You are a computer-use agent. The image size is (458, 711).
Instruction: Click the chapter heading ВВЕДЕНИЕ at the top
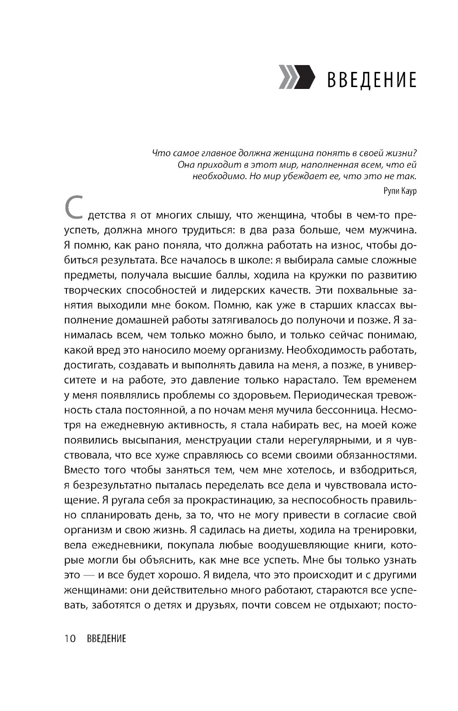[x=371, y=80]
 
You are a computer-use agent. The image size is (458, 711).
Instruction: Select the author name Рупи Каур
[x=400, y=191]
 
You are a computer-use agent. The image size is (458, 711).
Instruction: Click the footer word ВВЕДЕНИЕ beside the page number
[x=106, y=638]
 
